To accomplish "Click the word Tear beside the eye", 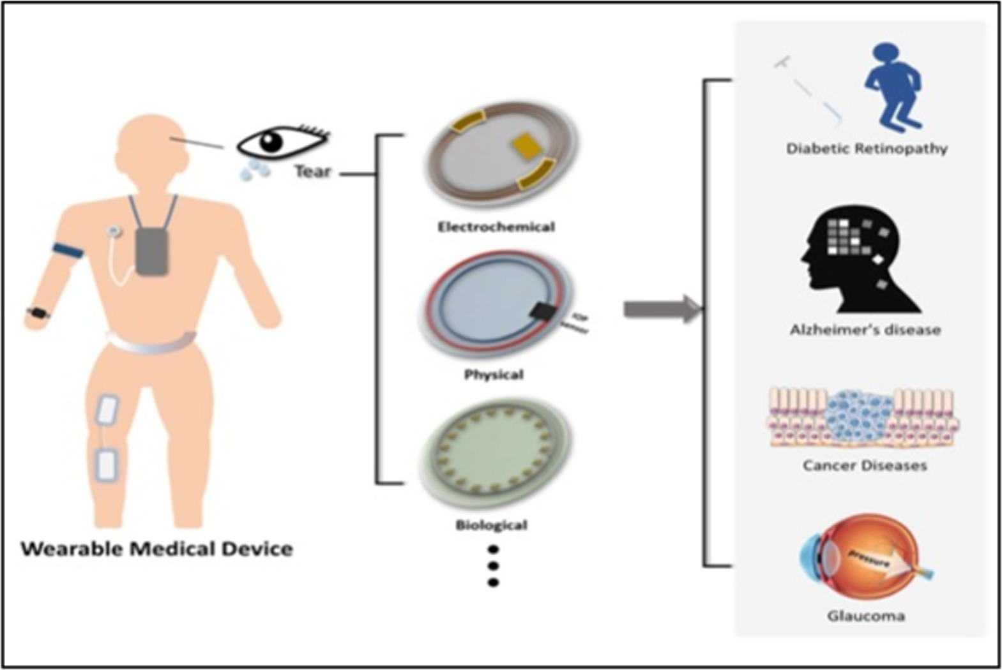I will tap(312, 171).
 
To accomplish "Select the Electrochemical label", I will tap(496, 227).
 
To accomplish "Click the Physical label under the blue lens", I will tap(494, 374).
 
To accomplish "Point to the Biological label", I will tap(491, 525).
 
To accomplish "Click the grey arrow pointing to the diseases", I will tap(661, 309).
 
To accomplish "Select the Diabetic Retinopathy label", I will tap(867, 149).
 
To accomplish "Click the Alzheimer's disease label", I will tap(865, 330).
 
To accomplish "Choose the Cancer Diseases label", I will tap(865, 465).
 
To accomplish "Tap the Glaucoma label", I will tap(866, 616).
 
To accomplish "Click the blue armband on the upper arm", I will tap(68, 251).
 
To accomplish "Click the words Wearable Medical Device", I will tap(157, 549).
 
